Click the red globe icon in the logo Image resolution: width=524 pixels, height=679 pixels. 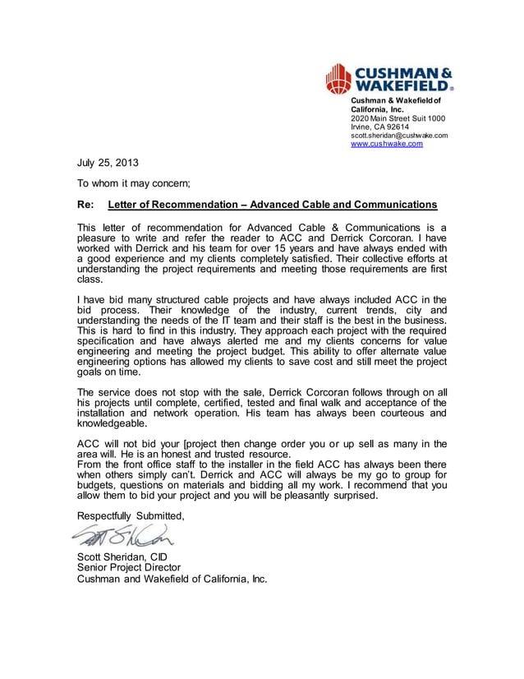[x=338, y=78]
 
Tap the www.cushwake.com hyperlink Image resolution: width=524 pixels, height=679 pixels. [x=387, y=144]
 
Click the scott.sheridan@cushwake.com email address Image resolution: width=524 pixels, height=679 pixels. [x=399, y=136]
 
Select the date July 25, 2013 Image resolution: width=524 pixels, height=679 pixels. [x=108, y=163]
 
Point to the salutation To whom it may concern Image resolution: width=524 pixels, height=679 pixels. [x=133, y=183]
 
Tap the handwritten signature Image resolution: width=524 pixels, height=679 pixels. [x=123, y=536]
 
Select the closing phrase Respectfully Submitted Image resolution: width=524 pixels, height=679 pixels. [x=131, y=515]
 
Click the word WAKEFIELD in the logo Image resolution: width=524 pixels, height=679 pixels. [x=400, y=85]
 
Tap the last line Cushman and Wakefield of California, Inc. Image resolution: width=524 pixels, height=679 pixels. [x=172, y=578]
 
